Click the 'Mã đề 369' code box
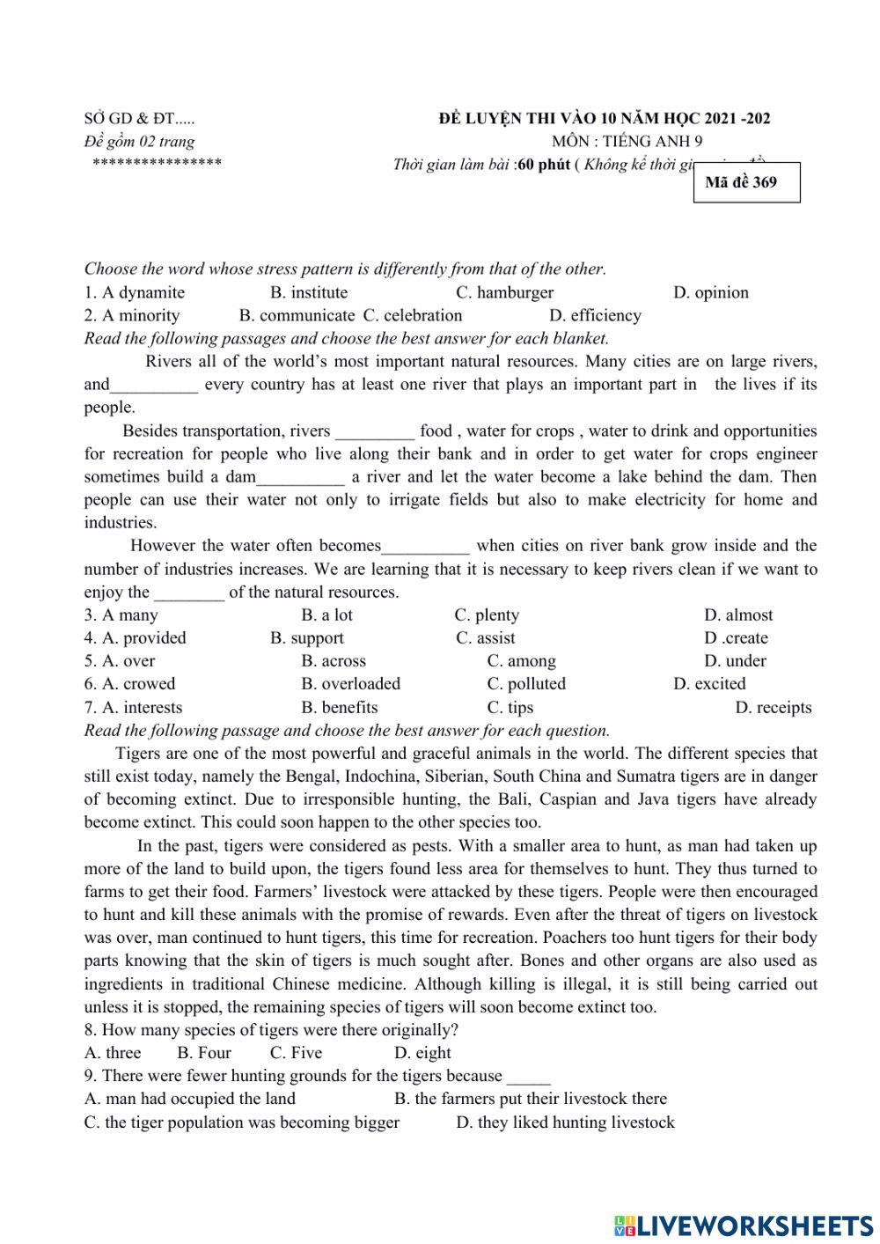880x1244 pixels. tap(746, 182)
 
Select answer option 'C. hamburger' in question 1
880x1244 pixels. tap(504, 293)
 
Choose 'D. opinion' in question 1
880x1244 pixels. tap(710, 293)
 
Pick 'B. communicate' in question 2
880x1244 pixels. tap(297, 316)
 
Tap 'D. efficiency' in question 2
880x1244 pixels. tap(595, 316)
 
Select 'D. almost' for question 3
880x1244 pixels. tap(737, 615)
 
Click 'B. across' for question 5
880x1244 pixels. tap(333, 661)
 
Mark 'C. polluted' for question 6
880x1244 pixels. tap(525, 684)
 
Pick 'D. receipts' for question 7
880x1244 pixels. tap(773, 708)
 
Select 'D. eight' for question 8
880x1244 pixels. tap(422, 1053)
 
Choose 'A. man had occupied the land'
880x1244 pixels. tap(190, 1099)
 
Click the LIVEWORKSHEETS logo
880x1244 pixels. tap(744, 1225)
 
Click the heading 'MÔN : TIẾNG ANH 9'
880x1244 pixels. tap(627, 141)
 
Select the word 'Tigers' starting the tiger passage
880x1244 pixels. tap(138, 754)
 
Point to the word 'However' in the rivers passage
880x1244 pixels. tap(164, 546)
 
